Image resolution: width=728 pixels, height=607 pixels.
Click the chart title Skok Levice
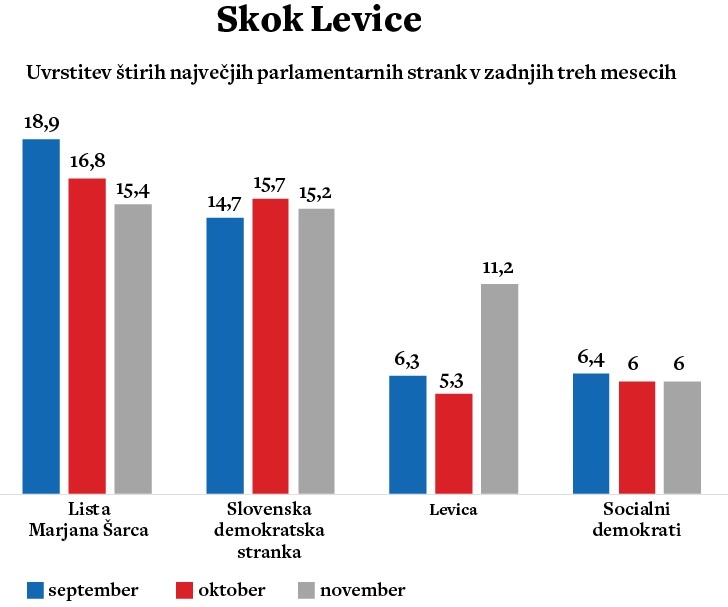(319, 22)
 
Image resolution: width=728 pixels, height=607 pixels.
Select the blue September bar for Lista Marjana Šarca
(41, 316)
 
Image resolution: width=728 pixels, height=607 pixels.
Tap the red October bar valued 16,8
(87, 336)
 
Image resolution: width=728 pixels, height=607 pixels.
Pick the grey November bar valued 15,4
(133, 349)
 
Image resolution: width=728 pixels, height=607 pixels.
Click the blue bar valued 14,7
(225, 355)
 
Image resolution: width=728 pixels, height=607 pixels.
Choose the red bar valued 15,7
(270, 346)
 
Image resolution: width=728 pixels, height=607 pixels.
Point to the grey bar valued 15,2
(316, 351)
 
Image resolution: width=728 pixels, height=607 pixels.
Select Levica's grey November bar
(500, 389)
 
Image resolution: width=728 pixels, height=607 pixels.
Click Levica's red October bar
(454, 443)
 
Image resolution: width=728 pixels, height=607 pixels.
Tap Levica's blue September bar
(408, 434)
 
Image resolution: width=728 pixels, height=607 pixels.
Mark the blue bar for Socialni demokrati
(591, 433)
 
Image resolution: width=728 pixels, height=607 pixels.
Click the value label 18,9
(41, 123)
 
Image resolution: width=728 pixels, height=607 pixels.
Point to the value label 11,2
(500, 268)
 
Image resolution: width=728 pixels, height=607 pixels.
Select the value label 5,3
(454, 378)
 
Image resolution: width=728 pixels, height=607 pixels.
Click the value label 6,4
(591, 357)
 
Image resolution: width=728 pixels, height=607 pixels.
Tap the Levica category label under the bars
(454, 510)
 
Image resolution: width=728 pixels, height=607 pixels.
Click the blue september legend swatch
(37, 590)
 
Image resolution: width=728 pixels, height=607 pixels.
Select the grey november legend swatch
(307, 590)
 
